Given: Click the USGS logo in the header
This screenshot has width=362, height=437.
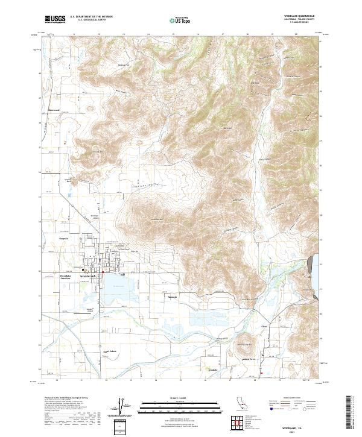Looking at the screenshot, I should [55, 19].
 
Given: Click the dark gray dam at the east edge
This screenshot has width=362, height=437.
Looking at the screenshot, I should [311, 264].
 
